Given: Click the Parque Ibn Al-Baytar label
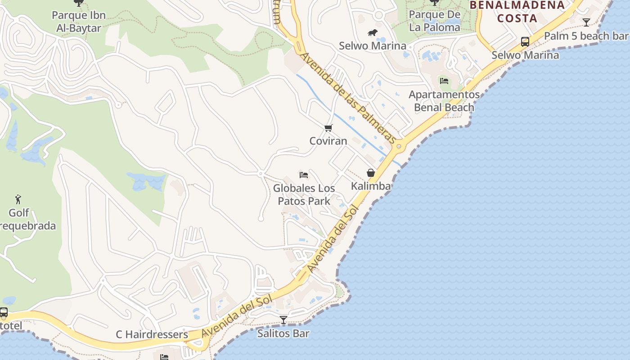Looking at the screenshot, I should point(79,22).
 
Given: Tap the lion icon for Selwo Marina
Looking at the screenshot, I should point(373,32).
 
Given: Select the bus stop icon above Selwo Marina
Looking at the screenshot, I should point(525,42).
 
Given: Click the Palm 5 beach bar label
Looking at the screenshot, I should point(586,36).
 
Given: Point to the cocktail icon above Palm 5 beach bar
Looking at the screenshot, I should point(586,22).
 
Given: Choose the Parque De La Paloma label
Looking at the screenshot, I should point(435,21).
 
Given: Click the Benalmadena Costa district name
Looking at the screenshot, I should point(517,12).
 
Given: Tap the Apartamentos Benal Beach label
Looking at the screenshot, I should point(444,101).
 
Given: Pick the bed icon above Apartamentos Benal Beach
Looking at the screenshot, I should point(444,81).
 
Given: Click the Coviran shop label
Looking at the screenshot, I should point(328,141).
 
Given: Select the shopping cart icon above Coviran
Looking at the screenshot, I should point(328,128).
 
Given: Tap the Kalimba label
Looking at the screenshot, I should point(371,186).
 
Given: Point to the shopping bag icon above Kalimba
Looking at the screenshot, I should point(371,173).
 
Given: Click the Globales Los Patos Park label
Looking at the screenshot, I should point(304,194).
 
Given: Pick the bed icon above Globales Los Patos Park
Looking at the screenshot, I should point(304,175).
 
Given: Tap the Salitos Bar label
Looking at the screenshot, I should point(283,333).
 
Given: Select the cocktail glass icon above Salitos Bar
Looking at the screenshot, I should point(283,320).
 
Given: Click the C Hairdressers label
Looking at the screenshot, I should point(152,334).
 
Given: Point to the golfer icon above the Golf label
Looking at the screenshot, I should point(18,199).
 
